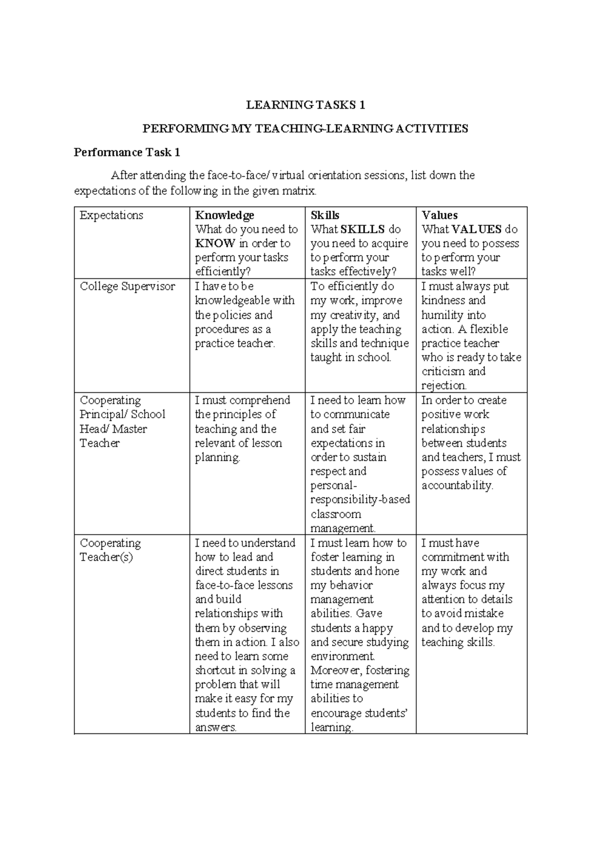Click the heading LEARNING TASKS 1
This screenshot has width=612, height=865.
pyautogui.click(x=305, y=105)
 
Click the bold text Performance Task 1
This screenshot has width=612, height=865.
pyautogui.click(x=127, y=152)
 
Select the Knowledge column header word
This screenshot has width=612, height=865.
pyautogui.click(x=224, y=215)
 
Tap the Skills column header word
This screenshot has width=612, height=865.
pyautogui.click(x=325, y=215)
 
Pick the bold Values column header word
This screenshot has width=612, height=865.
pyautogui.click(x=440, y=215)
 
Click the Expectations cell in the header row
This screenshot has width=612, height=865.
pyautogui.click(x=111, y=215)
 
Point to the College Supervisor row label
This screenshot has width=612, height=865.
pyautogui.click(x=127, y=287)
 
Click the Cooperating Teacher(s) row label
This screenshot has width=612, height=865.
pyautogui.click(x=110, y=550)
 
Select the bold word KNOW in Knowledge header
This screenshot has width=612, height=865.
pyautogui.click(x=215, y=243)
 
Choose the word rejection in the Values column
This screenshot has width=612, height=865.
pyautogui.click(x=444, y=386)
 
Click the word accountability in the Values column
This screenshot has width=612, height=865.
pyautogui.click(x=457, y=486)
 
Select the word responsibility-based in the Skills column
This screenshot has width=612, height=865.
pyautogui.click(x=360, y=499)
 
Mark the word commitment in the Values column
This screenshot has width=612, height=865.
pyautogui.click(x=453, y=557)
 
